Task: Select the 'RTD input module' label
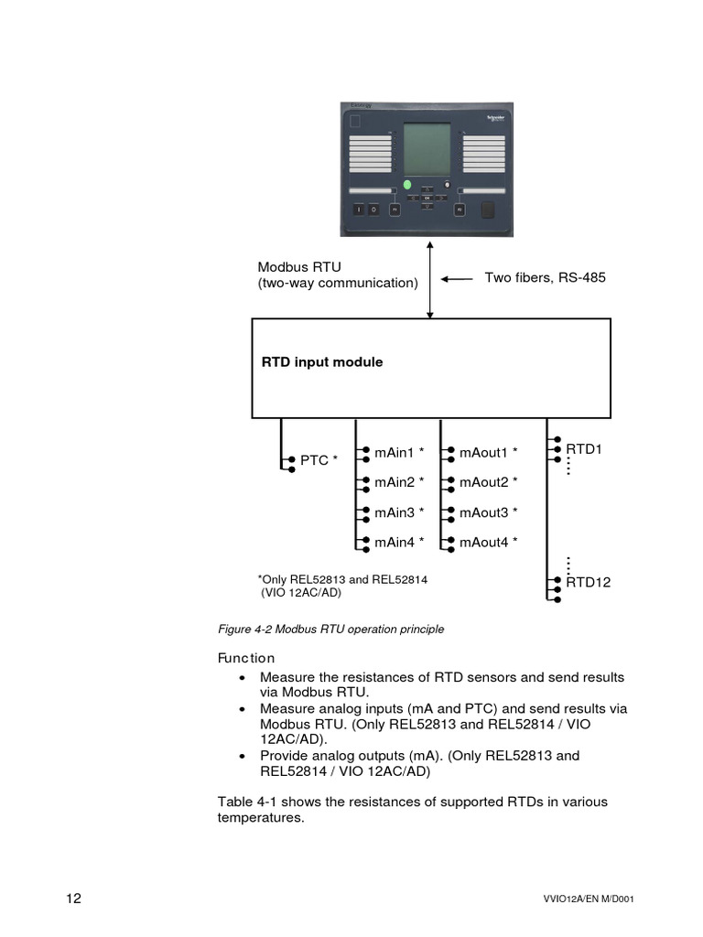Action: coord(322,362)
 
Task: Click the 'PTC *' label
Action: coord(319,460)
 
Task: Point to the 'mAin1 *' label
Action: coord(399,452)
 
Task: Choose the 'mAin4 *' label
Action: coord(399,543)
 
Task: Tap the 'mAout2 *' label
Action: coord(488,482)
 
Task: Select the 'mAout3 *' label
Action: coord(488,512)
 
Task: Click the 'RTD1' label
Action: coord(583,449)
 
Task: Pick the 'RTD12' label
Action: coord(588,582)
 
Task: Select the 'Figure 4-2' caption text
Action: coord(330,629)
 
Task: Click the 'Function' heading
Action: coord(245,658)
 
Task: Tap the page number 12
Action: coord(74,898)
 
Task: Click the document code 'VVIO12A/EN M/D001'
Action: coord(588,899)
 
